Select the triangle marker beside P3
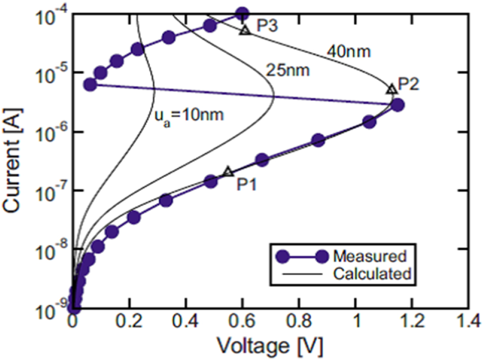[x=245, y=30]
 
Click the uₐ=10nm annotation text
[x=189, y=114]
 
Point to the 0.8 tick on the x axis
[x=299, y=322]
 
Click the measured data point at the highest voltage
[x=398, y=105]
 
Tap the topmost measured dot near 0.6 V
[x=242, y=14]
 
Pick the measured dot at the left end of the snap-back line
[x=90, y=84]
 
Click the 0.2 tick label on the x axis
[x=130, y=322]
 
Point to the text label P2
[x=408, y=84]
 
